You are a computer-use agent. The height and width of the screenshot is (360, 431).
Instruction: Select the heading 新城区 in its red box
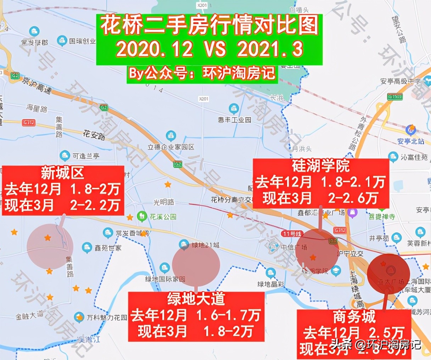[63, 173]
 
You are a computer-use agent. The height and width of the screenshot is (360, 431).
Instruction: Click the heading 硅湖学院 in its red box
[320, 165]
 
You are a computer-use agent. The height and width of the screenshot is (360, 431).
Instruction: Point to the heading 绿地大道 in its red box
[196, 299]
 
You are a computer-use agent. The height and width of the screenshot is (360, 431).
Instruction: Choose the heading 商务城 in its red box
[354, 316]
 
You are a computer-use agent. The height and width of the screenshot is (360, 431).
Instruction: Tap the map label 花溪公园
[163, 216]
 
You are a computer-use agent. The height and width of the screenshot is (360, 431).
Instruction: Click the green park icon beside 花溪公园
[142, 215]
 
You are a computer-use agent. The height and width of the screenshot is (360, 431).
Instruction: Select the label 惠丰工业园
[234, 120]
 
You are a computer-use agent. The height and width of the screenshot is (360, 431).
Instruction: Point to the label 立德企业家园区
[171, 147]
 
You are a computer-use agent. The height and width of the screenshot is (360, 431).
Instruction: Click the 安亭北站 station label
[410, 141]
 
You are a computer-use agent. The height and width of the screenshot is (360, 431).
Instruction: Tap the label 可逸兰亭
[86, 156]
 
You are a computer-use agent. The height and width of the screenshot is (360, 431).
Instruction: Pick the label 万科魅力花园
[107, 317]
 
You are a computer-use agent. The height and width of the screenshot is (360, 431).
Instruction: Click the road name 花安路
[94, 135]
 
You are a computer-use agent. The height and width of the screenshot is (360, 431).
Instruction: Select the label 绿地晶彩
[271, 284]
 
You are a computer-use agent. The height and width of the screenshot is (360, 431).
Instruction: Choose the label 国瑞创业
[82, 41]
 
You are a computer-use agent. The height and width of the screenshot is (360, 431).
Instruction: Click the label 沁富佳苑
[414, 157]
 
